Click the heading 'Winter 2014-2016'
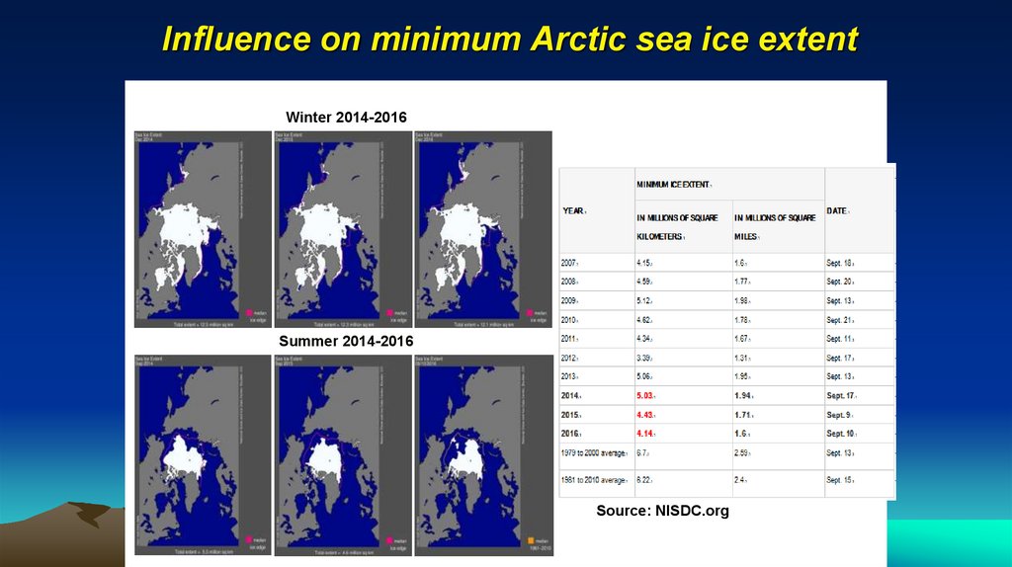(346, 118)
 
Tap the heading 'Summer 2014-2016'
(346, 341)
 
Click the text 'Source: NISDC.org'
(662, 511)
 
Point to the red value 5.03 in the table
(645, 395)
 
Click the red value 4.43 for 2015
(645, 414)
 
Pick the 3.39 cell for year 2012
(645, 358)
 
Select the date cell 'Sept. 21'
(840, 320)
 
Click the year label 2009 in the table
(571, 301)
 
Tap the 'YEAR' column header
(574, 210)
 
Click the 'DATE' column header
(837, 210)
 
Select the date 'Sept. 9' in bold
(839, 414)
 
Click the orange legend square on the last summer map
(531, 541)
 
